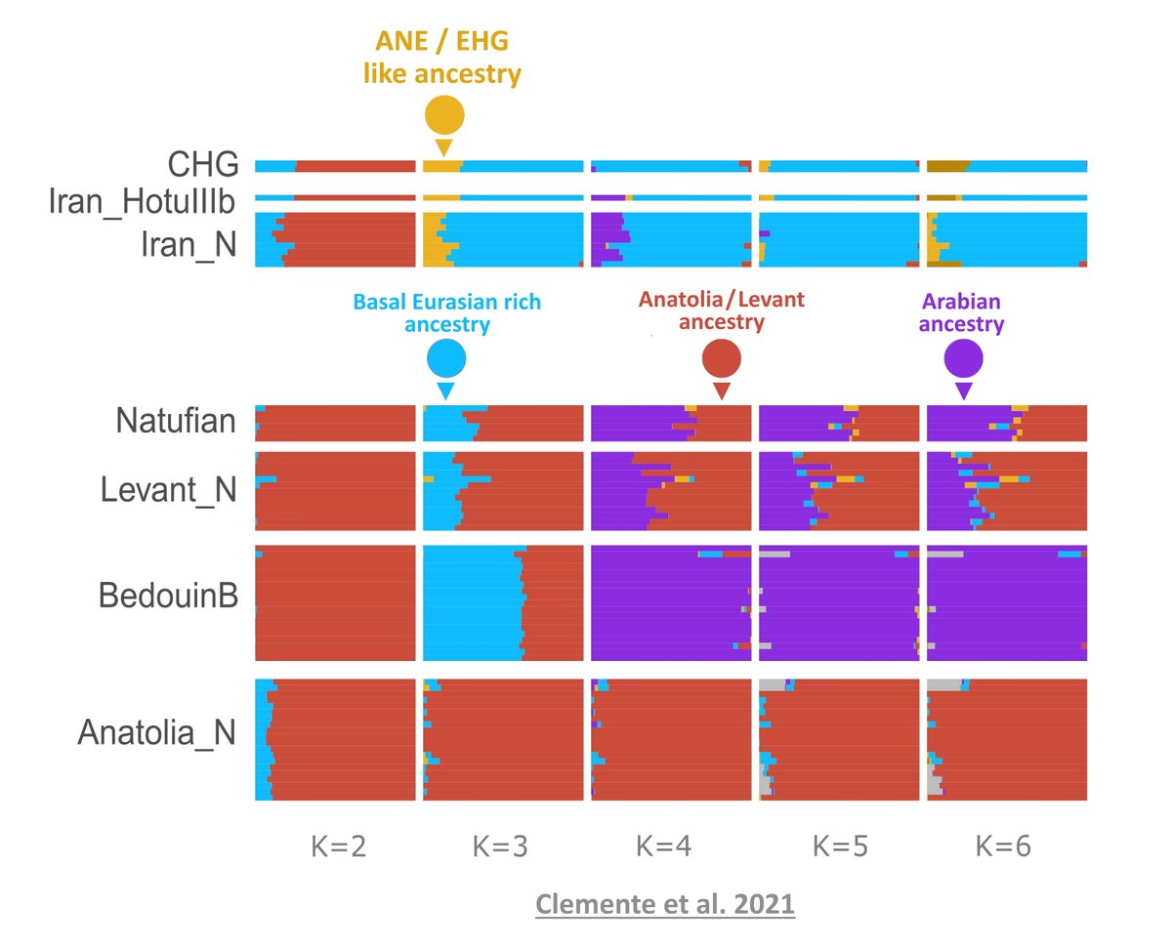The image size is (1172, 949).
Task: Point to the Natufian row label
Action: (x=176, y=422)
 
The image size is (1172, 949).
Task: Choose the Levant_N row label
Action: (x=168, y=490)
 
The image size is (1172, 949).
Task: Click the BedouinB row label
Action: (x=168, y=597)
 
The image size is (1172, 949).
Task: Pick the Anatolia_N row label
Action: (x=156, y=732)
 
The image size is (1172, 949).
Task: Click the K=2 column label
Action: (x=332, y=846)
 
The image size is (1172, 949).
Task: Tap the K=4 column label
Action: (x=668, y=846)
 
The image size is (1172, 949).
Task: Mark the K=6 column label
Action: (x=1003, y=846)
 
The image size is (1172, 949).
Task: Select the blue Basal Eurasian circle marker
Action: (x=446, y=358)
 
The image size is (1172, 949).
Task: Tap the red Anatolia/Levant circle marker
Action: (x=722, y=358)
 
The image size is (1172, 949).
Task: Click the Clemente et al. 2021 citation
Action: (x=664, y=904)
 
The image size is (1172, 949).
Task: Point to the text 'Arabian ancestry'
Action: (x=962, y=313)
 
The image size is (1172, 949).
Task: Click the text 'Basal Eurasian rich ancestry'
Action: (x=446, y=313)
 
